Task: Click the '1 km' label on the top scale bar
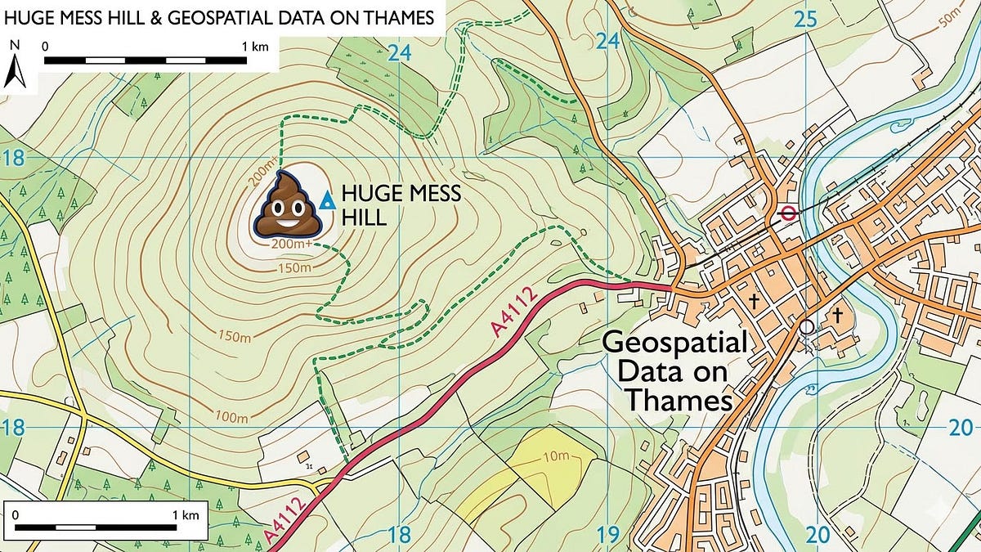tap(255, 47)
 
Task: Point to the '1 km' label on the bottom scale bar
tap(186, 514)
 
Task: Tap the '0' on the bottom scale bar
tap(16, 514)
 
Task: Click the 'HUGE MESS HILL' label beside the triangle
tap(401, 205)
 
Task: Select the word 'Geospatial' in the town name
tap(674, 343)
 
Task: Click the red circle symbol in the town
tap(788, 213)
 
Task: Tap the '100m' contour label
tap(231, 417)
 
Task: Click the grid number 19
tap(607, 534)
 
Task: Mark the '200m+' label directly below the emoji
tap(291, 243)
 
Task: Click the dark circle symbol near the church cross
tap(807, 326)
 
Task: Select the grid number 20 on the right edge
tap(962, 426)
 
